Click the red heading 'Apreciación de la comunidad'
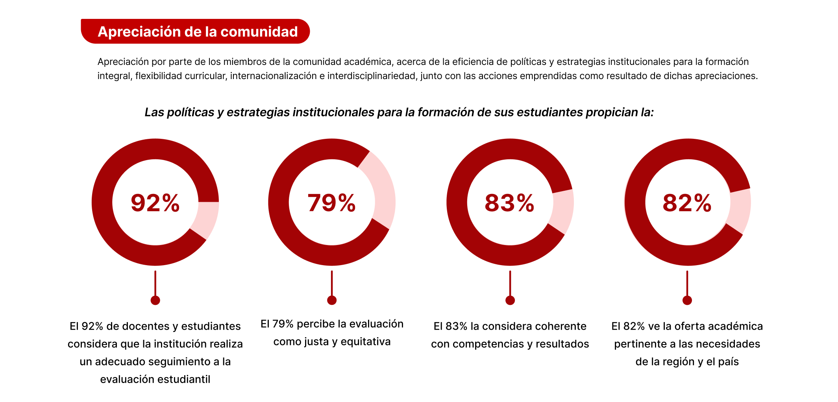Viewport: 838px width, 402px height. click(198, 32)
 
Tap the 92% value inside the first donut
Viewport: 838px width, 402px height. click(155, 203)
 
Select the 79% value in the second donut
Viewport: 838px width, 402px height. click(331, 203)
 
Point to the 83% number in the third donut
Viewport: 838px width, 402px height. click(509, 203)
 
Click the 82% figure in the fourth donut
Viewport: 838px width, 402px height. click(687, 203)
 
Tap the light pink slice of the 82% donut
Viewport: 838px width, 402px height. click(740, 210)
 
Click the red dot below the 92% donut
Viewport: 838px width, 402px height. click(155, 301)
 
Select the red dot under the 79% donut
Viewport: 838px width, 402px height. click(332, 301)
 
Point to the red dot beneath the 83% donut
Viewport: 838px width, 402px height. click(510, 301)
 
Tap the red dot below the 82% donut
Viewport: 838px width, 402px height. click(687, 301)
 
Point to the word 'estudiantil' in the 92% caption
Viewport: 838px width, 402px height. click(185, 380)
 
